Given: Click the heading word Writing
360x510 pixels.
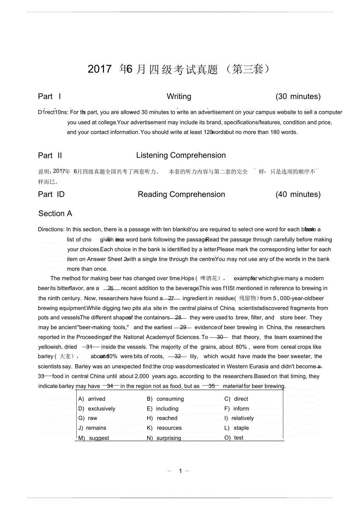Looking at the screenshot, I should [x=179, y=97].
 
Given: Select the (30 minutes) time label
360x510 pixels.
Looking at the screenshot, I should [x=298, y=97].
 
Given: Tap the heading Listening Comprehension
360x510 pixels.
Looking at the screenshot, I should [x=181, y=155].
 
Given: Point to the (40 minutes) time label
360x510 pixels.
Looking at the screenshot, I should [x=298, y=195].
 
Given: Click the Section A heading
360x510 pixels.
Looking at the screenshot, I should [x=55, y=214].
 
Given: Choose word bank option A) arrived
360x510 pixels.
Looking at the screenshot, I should [x=92, y=399].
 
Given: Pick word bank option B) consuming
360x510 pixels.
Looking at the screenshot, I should [x=166, y=399].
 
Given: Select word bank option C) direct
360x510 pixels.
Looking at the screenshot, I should [x=236, y=399].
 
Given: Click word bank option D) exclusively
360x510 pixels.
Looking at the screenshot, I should [x=97, y=409].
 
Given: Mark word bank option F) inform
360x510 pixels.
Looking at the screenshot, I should [x=237, y=409].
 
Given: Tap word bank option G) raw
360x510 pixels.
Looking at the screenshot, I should [x=88, y=418].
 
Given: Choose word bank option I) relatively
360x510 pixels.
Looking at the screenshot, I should [x=239, y=418].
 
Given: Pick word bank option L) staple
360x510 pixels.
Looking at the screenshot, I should [x=237, y=428].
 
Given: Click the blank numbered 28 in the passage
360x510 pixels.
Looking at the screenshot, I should [x=178, y=318].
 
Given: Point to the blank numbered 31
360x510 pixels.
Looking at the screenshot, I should [x=90, y=347].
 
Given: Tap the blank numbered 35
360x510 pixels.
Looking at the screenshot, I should [x=212, y=386].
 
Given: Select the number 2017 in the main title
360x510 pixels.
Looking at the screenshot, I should [x=100, y=69].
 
